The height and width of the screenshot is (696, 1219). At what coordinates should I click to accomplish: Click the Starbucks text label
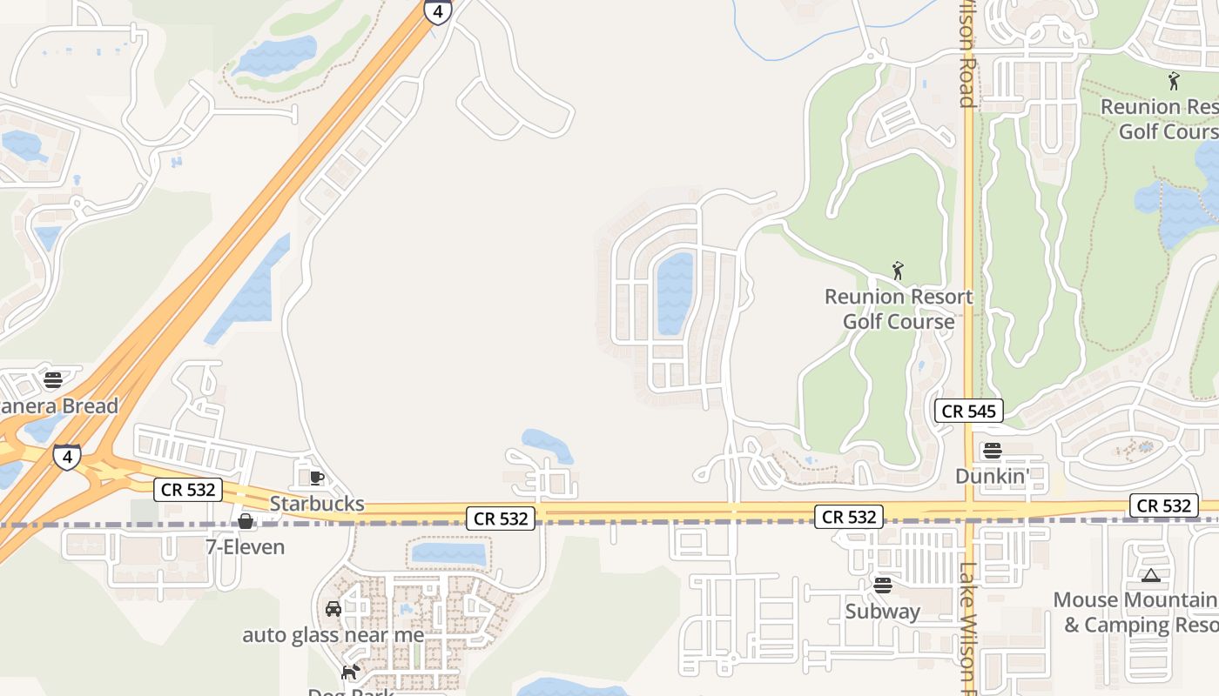click(x=317, y=504)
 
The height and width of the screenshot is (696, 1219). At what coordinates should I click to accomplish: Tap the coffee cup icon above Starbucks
click(x=317, y=478)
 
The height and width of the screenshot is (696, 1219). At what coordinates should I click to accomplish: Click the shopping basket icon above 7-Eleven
click(x=246, y=521)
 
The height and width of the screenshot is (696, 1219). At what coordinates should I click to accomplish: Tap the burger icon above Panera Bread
click(x=53, y=380)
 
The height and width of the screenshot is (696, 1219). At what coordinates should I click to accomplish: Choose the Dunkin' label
click(x=992, y=476)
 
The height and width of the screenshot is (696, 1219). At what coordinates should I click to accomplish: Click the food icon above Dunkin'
click(x=992, y=451)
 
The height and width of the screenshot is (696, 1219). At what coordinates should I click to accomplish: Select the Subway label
click(x=883, y=611)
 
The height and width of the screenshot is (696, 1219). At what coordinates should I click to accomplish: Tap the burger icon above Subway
click(x=883, y=585)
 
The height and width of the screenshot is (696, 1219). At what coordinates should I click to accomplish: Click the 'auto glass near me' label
click(x=333, y=634)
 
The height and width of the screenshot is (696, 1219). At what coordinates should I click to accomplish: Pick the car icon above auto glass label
click(x=333, y=609)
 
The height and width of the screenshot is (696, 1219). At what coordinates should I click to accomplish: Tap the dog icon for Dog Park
click(x=350, y=672)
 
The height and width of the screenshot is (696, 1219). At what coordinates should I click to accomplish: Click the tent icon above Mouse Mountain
click(x=1151, y=575)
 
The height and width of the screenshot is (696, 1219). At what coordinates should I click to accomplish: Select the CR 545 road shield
click(x=969, y=411)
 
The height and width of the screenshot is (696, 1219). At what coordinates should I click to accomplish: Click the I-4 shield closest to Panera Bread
click(x=67, y=457)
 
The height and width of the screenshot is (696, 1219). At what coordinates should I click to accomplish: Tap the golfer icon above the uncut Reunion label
click(x=898, y=271)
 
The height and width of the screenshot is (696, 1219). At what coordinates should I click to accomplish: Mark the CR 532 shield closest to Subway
click(x=849, y=517)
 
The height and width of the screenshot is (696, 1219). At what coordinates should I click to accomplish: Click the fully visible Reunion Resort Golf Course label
click(x=899, y=309)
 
